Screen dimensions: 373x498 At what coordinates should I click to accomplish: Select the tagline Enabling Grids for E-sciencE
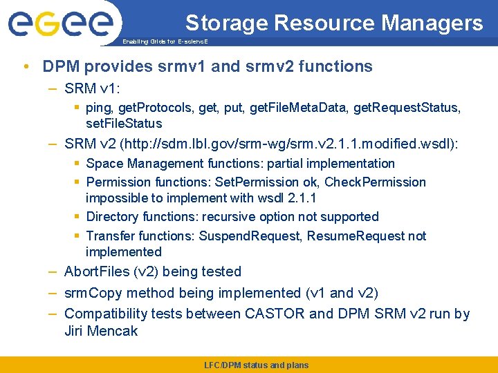click(165, 42)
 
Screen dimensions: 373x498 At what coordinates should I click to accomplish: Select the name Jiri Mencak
click(101, 331)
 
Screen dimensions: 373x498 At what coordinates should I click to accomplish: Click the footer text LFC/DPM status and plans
click(256, 365)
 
